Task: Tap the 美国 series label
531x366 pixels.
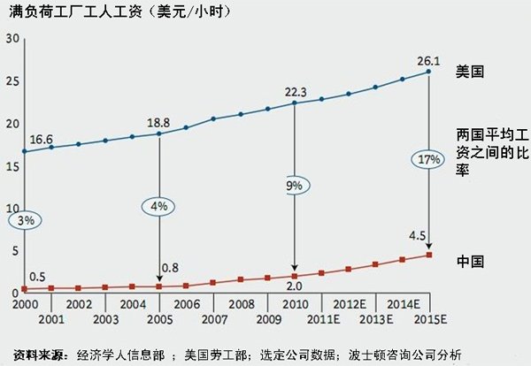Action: [x=468, y=69]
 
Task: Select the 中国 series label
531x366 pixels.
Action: [x=468, y=262]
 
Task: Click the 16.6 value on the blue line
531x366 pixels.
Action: [x=42, y=139]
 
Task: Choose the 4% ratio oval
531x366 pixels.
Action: [x=158, y=206]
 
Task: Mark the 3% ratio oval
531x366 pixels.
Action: [x=24, y=220]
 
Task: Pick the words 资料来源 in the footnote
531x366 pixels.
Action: [x=38, y=355]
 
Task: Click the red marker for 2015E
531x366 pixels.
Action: [x=429, y=255]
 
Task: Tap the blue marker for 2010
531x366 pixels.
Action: [x=294, y=103]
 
